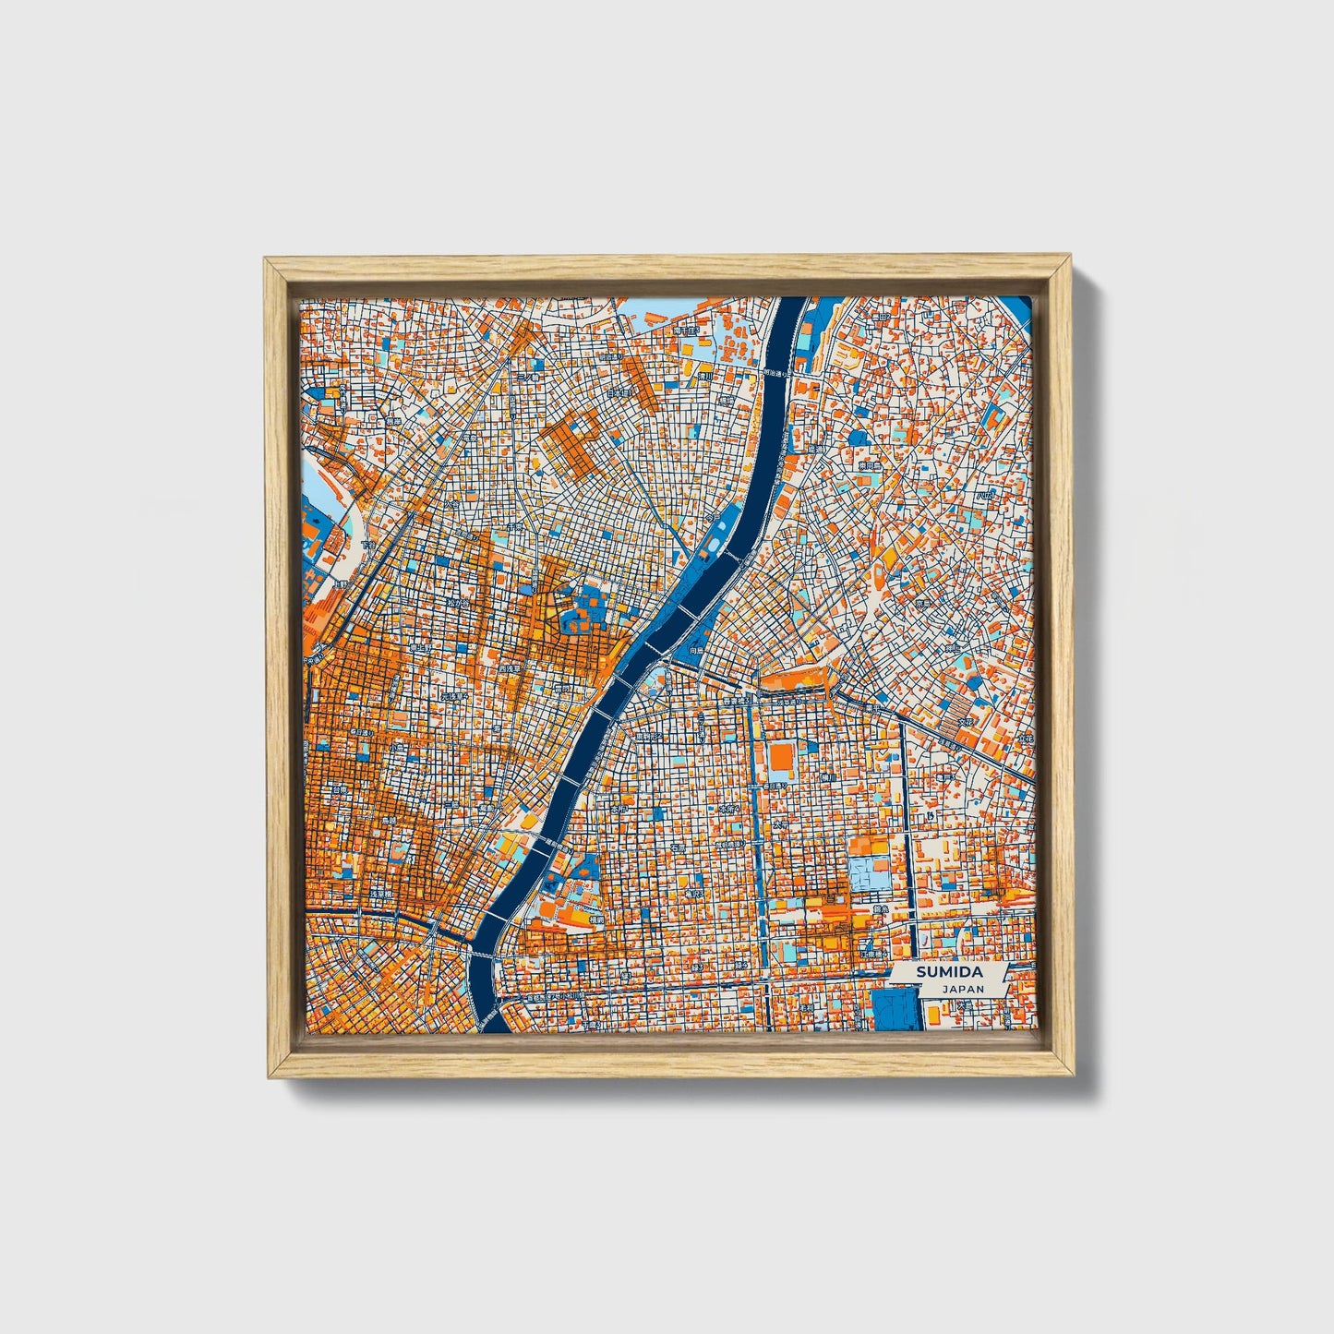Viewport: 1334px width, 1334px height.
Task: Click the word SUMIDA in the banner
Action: (x=950, y=972)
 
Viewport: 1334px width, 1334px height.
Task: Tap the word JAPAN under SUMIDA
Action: (x=963, y=988)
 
